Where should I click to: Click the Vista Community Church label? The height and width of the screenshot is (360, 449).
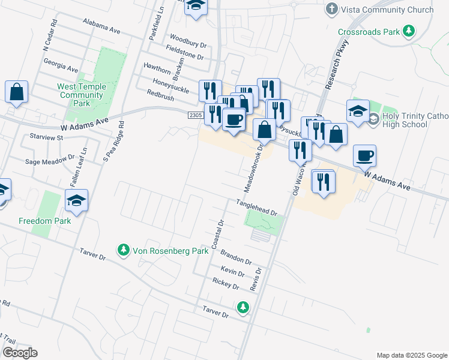387,10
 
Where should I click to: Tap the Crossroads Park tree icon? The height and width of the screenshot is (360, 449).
409,31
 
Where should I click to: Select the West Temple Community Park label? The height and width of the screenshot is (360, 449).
82,95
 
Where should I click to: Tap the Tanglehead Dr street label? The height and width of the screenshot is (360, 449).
256,208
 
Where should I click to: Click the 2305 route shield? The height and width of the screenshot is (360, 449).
194,115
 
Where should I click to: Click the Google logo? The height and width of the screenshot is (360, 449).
19,353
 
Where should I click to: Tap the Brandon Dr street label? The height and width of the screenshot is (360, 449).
236,257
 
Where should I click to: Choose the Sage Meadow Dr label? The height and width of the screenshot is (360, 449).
49,161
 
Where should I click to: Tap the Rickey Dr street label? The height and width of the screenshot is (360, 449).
226,283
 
